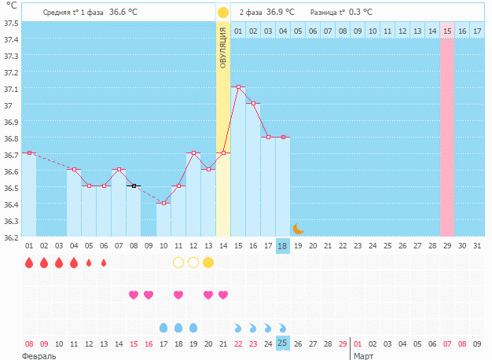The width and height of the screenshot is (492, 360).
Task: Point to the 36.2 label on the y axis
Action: [x=11, y=237]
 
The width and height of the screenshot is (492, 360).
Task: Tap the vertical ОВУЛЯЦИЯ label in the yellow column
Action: [x=223, y=46]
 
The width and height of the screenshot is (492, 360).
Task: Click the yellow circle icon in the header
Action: [x=223, y=13]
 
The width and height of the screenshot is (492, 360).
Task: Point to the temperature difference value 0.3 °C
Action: [x=361, y=13]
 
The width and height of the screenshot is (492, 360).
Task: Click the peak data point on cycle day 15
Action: [x=238, y=86]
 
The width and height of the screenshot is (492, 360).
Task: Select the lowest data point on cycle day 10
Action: [x=163, y=203]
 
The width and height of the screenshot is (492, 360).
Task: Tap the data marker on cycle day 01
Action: [x=29, y=152]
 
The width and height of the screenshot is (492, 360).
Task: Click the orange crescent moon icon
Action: [x=298, y=229]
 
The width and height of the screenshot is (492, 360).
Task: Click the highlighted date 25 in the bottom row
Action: [x=283, y=343]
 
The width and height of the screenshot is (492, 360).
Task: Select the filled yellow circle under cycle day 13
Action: [x=208, y=263]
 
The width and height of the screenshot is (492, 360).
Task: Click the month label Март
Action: [x=363, y=356]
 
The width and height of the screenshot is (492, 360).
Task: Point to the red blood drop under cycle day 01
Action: [x=29, y=263]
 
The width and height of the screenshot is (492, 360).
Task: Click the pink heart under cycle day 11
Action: [x=178, y=295]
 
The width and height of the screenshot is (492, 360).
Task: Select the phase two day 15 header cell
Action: [x=447, y=31]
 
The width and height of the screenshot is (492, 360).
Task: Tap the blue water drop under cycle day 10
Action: [x=163, y=327]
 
